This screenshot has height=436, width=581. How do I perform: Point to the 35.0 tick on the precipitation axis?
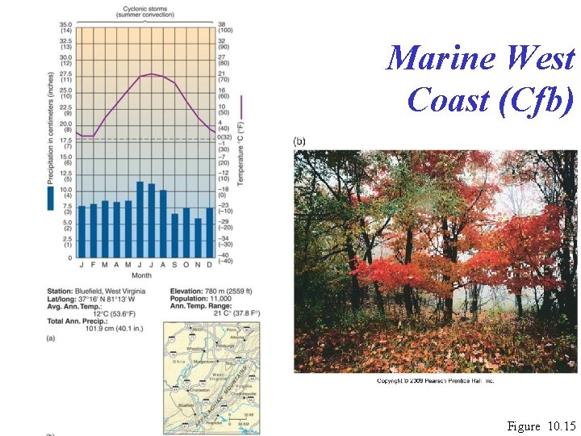pos(65,25)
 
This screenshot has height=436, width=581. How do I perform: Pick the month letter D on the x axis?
pos(209,265)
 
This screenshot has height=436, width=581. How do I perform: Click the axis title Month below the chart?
pos(141,275)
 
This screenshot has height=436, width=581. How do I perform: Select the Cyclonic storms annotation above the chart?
pos(141,11)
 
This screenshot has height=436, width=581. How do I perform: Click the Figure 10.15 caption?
pos(541,426)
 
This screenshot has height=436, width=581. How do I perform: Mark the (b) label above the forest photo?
pos(299,141)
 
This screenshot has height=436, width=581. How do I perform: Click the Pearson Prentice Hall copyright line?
pos(436,380)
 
